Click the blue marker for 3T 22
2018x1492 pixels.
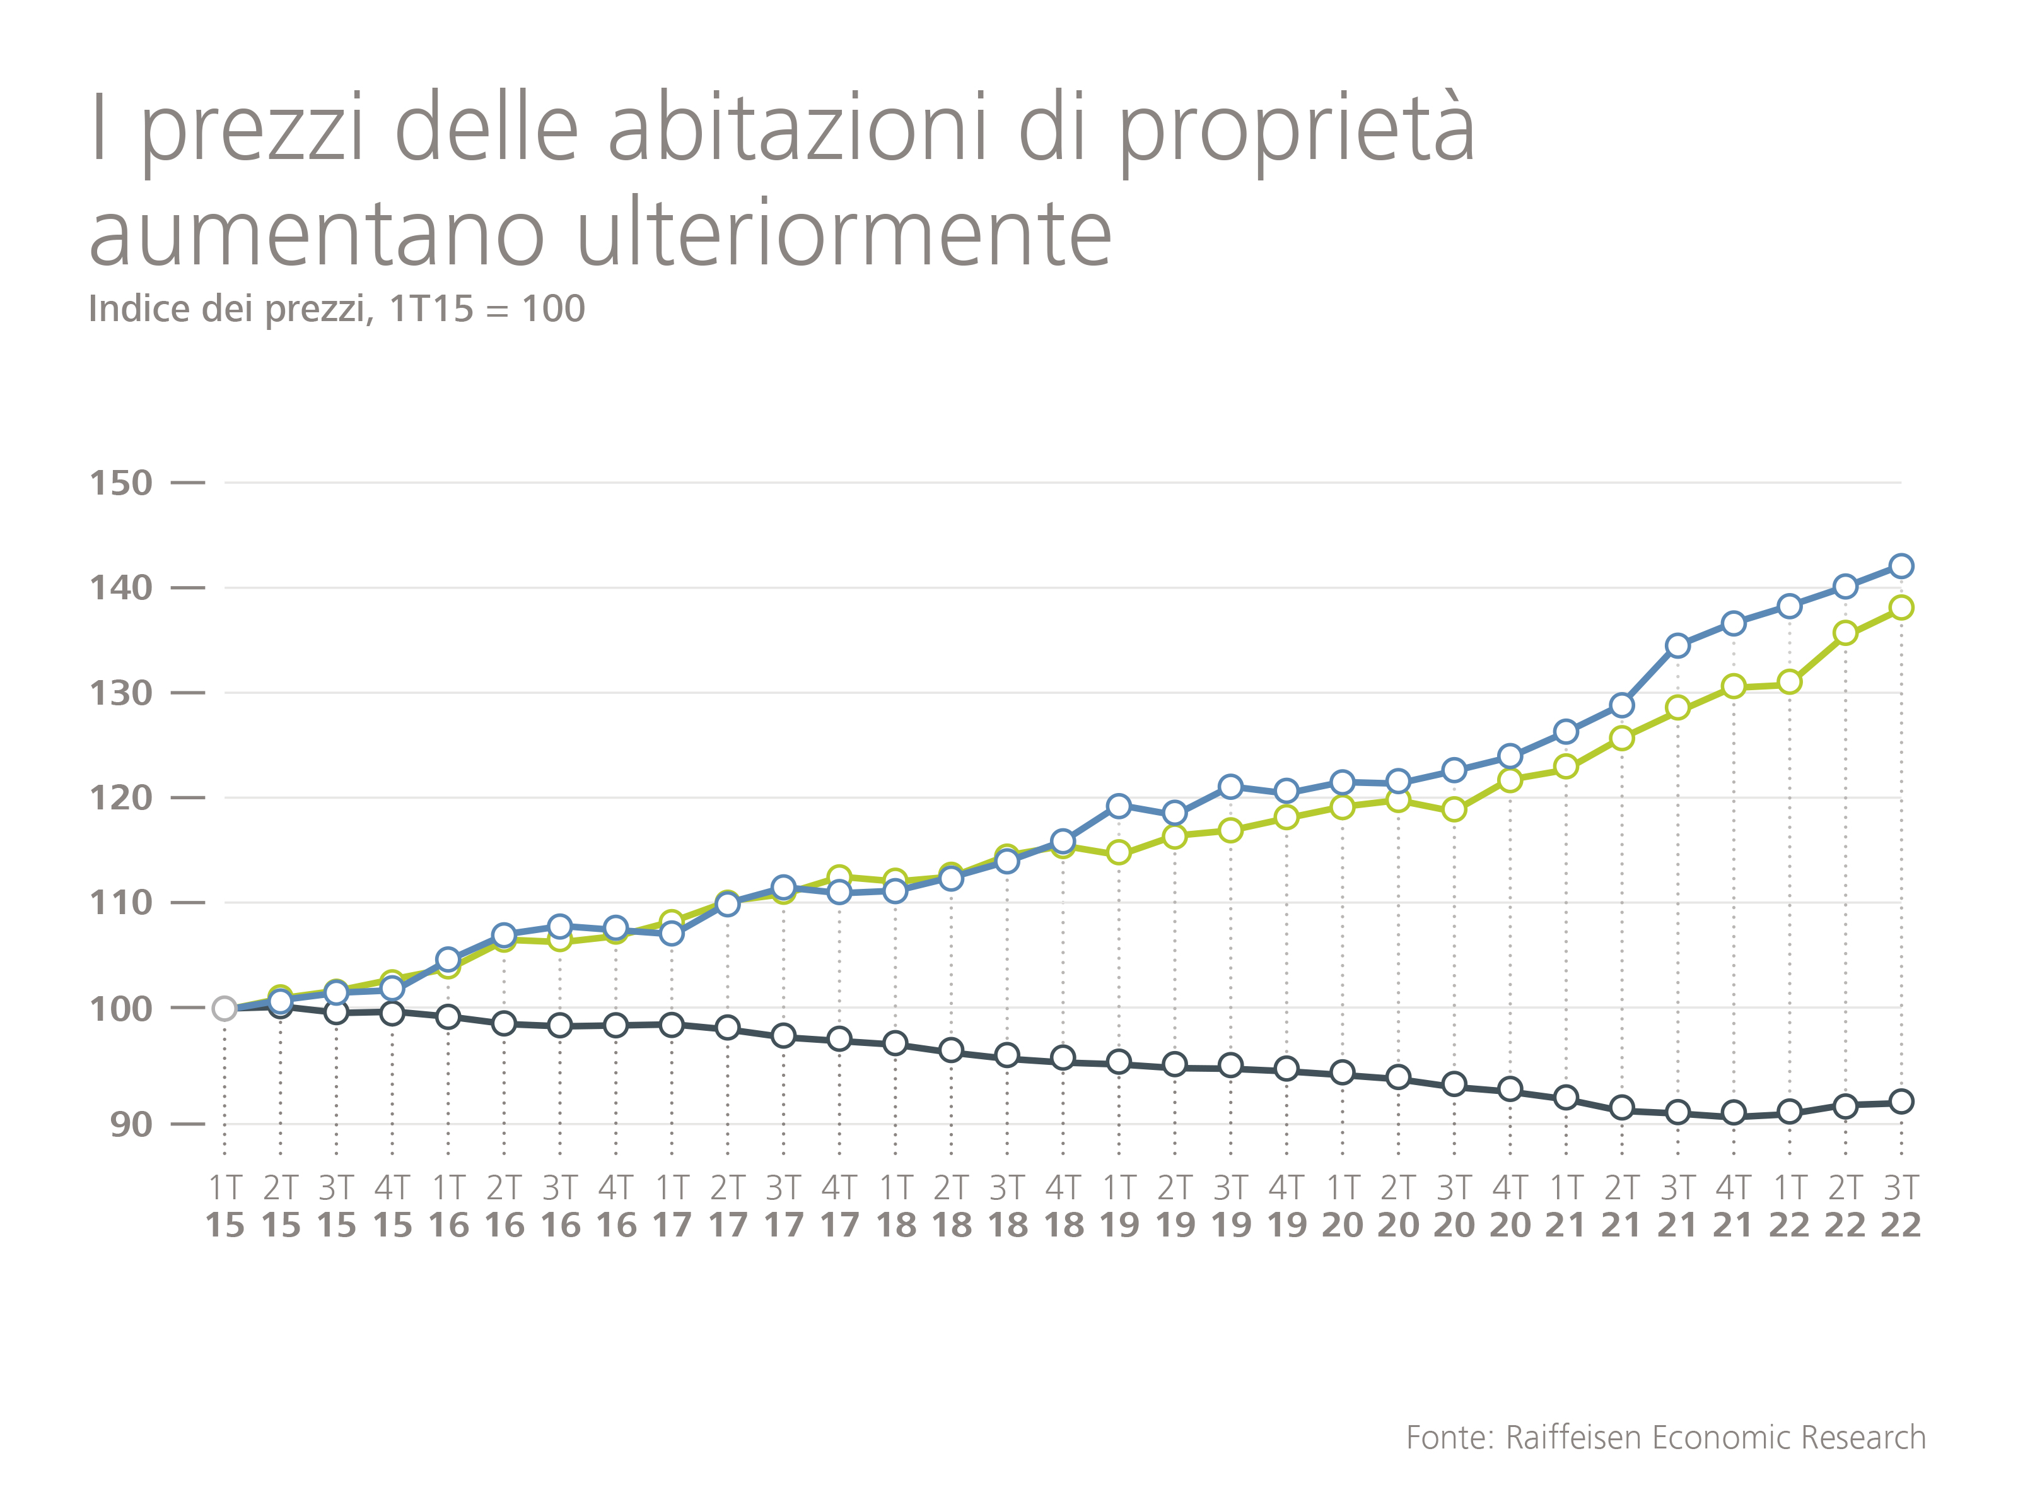tap(1901, 567)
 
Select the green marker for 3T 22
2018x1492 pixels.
tap(1901, 608)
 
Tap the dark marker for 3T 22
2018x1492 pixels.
tap(1901, 1102)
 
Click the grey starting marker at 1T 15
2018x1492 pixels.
tap(225, 1009)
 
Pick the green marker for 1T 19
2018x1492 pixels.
tap(1119, 852)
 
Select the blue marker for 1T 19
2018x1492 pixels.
tap(1119, 806)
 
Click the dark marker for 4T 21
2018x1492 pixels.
tap(1734, 1113)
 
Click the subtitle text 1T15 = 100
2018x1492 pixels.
tap(487, 309)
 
